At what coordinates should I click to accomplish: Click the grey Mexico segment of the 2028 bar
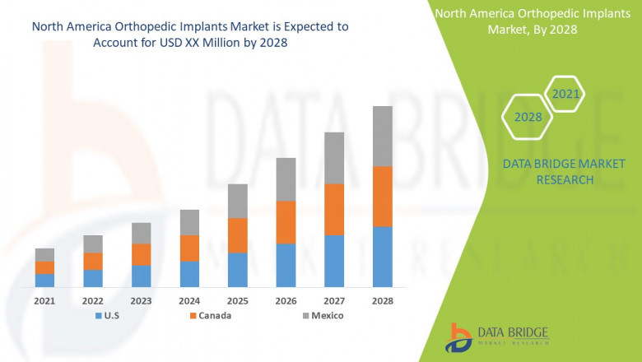pyautogui.click(x=382, y=136)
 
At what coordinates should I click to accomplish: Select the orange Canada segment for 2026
pyautogui.click(x=286, y=222)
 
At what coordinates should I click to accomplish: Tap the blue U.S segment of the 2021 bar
pyautogui.click(x=44, y=280)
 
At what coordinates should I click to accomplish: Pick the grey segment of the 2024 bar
pyautogui.click(x=189, y=222)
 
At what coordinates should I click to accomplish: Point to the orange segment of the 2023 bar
pyautogui.click(x=142, y=254)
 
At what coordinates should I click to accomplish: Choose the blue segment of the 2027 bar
pyautogui.click(x=333, y=260)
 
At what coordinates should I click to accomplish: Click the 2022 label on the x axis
pyautogui.click(x=93, y=301)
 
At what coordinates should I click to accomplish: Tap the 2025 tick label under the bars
pyautogui.click(x=238, y=301)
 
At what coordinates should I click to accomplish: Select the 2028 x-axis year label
pyautogui.click(x=382, y=301)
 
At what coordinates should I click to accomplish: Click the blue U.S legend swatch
pyautogui.click(x=100, y=315)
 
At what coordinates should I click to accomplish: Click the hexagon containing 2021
pyautogui.click(x=565, y=94)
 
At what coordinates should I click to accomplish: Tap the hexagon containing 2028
pyautogui.click(x=528, y=117)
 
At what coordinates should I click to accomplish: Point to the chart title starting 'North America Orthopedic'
pyautogui.click(x=189, y=26)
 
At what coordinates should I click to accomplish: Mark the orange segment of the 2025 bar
pyautogui.click(x=238, y=235)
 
